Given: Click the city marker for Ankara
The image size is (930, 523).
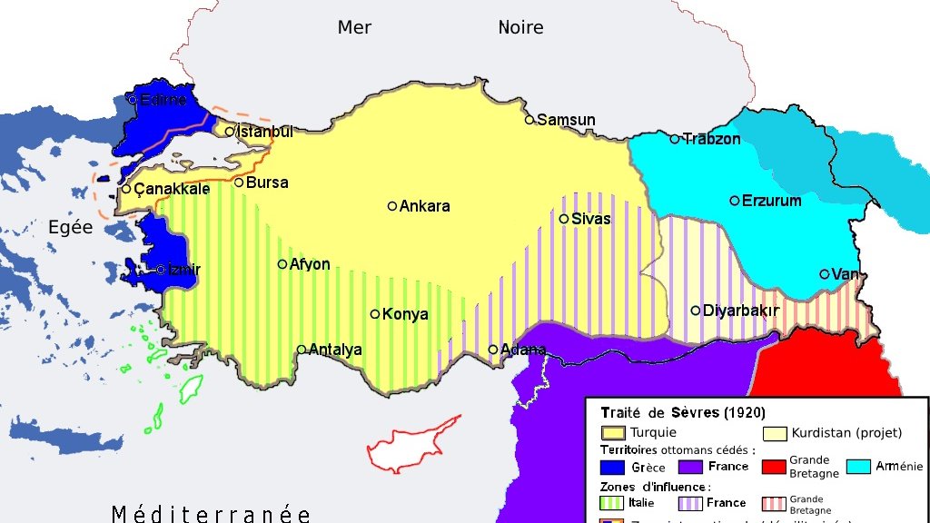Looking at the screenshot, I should point(392,206).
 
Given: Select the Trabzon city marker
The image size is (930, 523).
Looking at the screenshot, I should point(675,139).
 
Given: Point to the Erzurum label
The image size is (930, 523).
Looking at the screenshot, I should point(771,201).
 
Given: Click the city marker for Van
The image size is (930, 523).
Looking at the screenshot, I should point(825,274).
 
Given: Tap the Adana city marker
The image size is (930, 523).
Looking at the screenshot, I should point(493,350).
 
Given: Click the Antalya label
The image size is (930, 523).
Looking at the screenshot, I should point(335,350).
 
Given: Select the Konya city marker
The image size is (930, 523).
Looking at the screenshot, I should point(375,314).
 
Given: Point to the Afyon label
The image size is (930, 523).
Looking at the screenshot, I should point(310,264).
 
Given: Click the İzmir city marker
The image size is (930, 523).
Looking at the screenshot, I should point(161,270).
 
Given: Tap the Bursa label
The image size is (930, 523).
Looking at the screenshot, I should point(267,183).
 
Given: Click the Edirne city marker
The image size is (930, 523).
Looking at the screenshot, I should point(133,100).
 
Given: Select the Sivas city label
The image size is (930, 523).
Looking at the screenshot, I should point(591,219).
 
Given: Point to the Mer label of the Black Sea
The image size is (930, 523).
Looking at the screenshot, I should point(354,27).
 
